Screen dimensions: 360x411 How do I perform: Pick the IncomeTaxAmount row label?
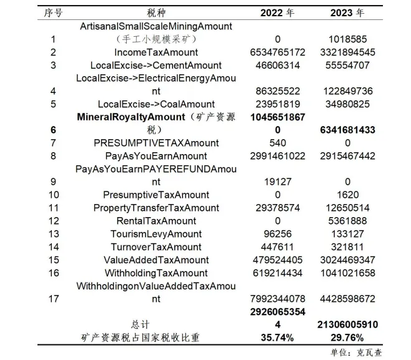point(156,52)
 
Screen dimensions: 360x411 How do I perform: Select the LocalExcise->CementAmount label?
point(156,66)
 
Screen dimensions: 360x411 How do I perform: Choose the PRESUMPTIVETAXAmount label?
point(156,144)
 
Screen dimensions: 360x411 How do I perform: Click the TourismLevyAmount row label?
point(156,234)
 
